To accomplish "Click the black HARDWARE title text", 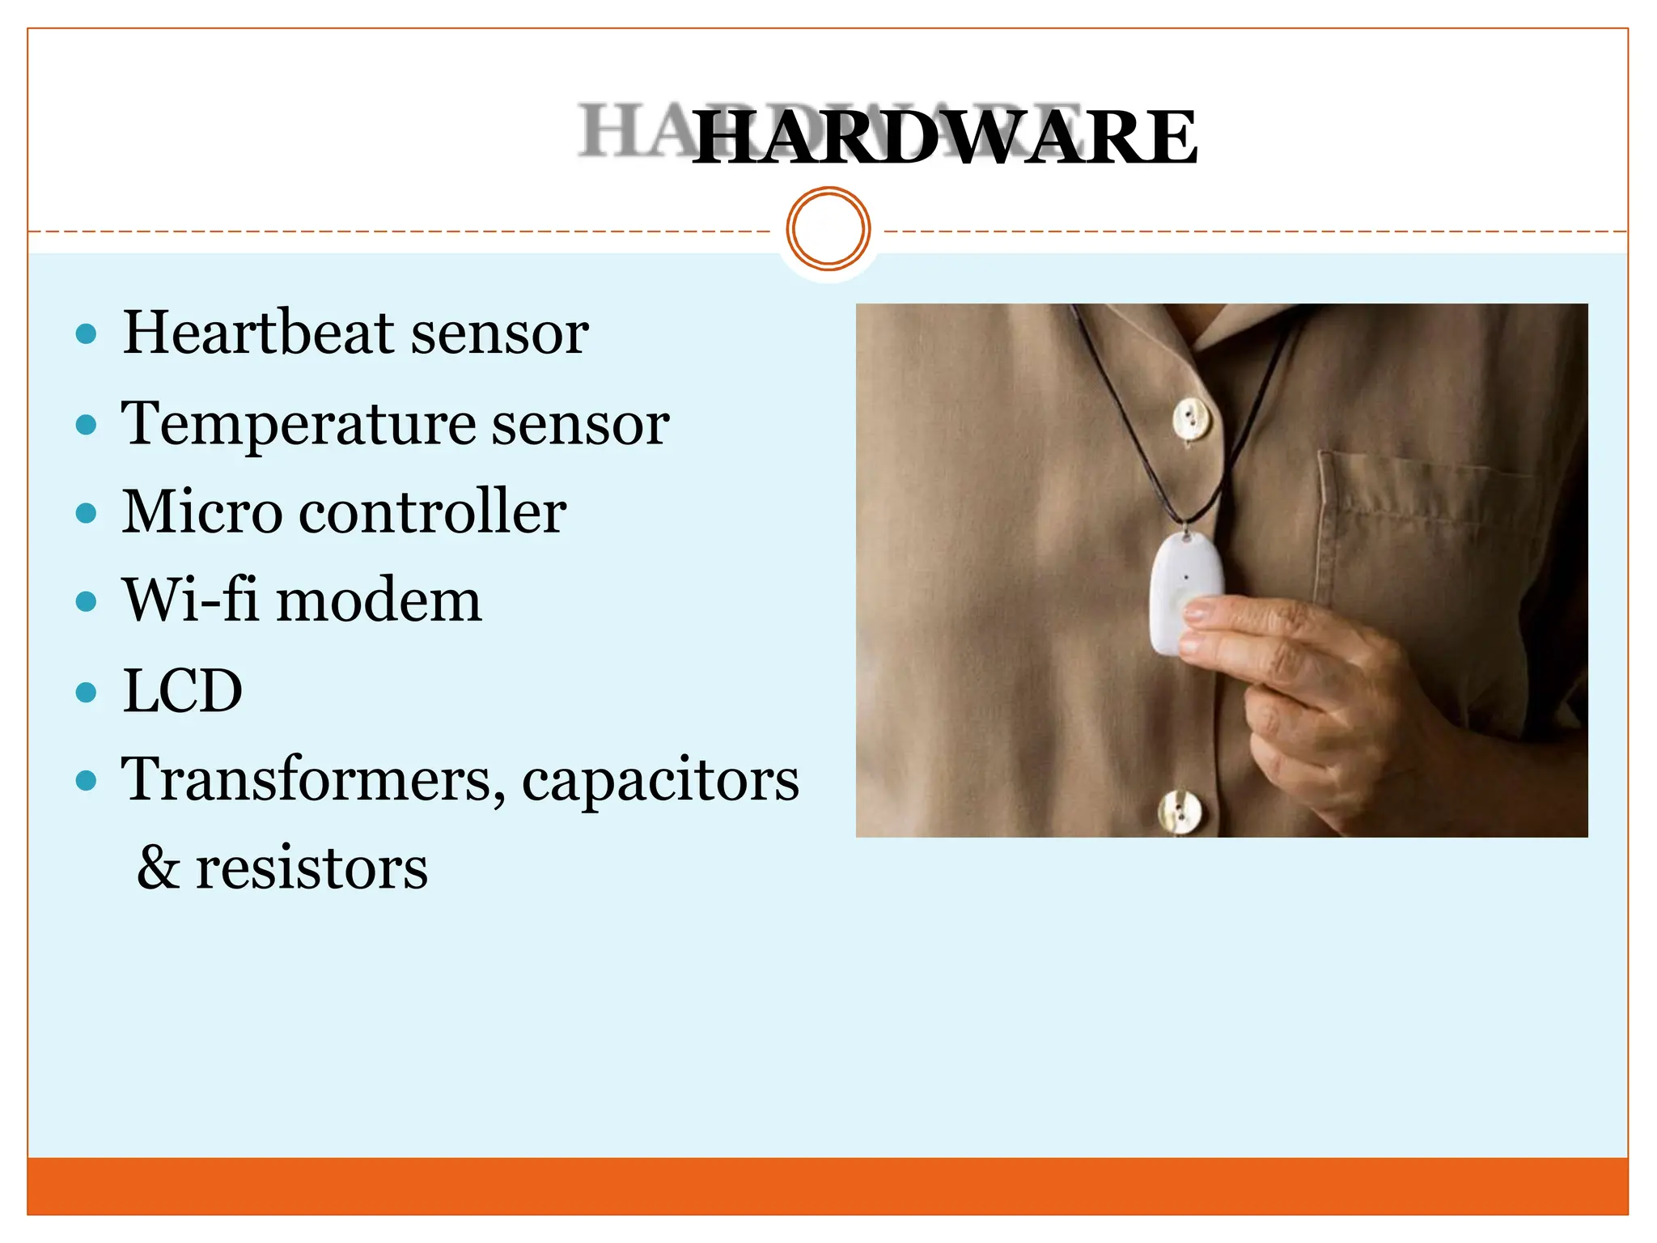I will pyautogui.click(x=944, y=138).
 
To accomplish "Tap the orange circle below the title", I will pyautogui.click(x=828, y=228).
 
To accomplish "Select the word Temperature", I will pyautogui.click(x=298, y=423).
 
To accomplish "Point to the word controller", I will pyautogui.click(x=432, y=512).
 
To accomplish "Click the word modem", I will pyautogui.click(x=379, y=601).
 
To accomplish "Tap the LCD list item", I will pyautogui.click(x=182, y=691).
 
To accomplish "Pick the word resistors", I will pyautogui.click(x=311, y=868).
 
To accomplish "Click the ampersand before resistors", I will pyautogui.click(x=158, y=868).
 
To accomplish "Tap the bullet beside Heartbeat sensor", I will pyautogui.click(x=86, y=333).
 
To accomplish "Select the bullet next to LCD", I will pyautogui.click(x=86, y=693).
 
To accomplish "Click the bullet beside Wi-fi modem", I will pyautogui.click(x=86, y=602).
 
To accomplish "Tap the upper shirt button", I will pyautogui.click(x=1191, y=419).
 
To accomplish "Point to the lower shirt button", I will pyautogui.click(x=1179, y=810).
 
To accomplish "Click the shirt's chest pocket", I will pyautogui.click(x=1424, y=534).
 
